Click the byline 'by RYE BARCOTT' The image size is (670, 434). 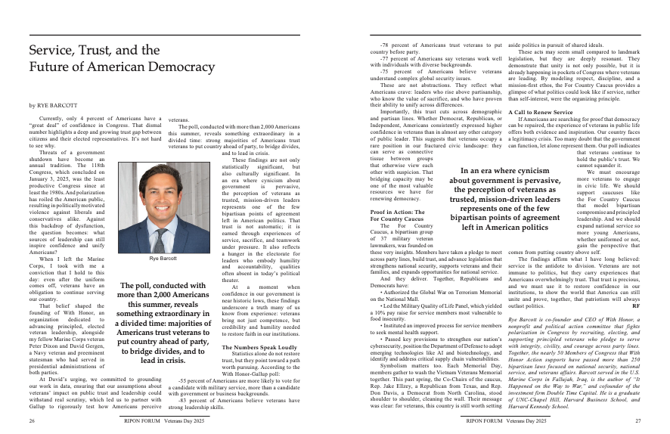coord(54,105)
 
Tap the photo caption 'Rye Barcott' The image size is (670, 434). coord(163,259)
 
